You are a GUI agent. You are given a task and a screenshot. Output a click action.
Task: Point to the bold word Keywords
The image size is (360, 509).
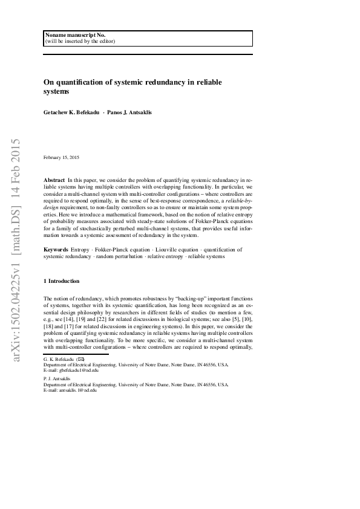click(x=56, y=249)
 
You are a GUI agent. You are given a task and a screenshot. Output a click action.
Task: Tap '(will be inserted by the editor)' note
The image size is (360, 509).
click(x=80, y=42)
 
